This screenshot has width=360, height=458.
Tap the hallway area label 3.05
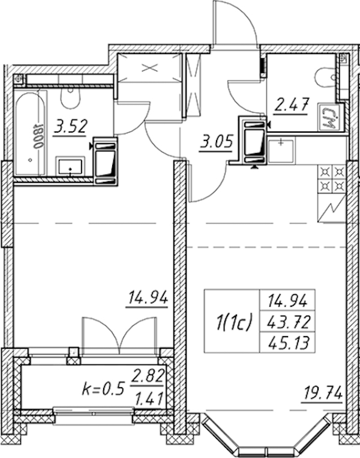pos(216,143)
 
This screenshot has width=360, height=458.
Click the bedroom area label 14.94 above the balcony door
pos(148,299)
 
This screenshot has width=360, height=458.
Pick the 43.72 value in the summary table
pos(288,323)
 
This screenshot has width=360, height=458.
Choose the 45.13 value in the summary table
pos(288,343)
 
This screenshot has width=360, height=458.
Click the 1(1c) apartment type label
pos(233,322)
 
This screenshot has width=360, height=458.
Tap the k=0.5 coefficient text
pos(103,390)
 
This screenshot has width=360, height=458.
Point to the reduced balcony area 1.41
pos(149,399)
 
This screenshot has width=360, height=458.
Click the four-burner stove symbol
pos(332,179)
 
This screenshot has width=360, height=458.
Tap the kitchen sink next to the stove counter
pos(281,151)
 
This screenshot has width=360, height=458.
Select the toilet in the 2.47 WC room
pos(326,79)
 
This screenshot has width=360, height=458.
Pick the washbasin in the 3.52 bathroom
pos(71,166)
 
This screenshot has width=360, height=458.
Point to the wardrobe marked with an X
pos(149,68)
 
